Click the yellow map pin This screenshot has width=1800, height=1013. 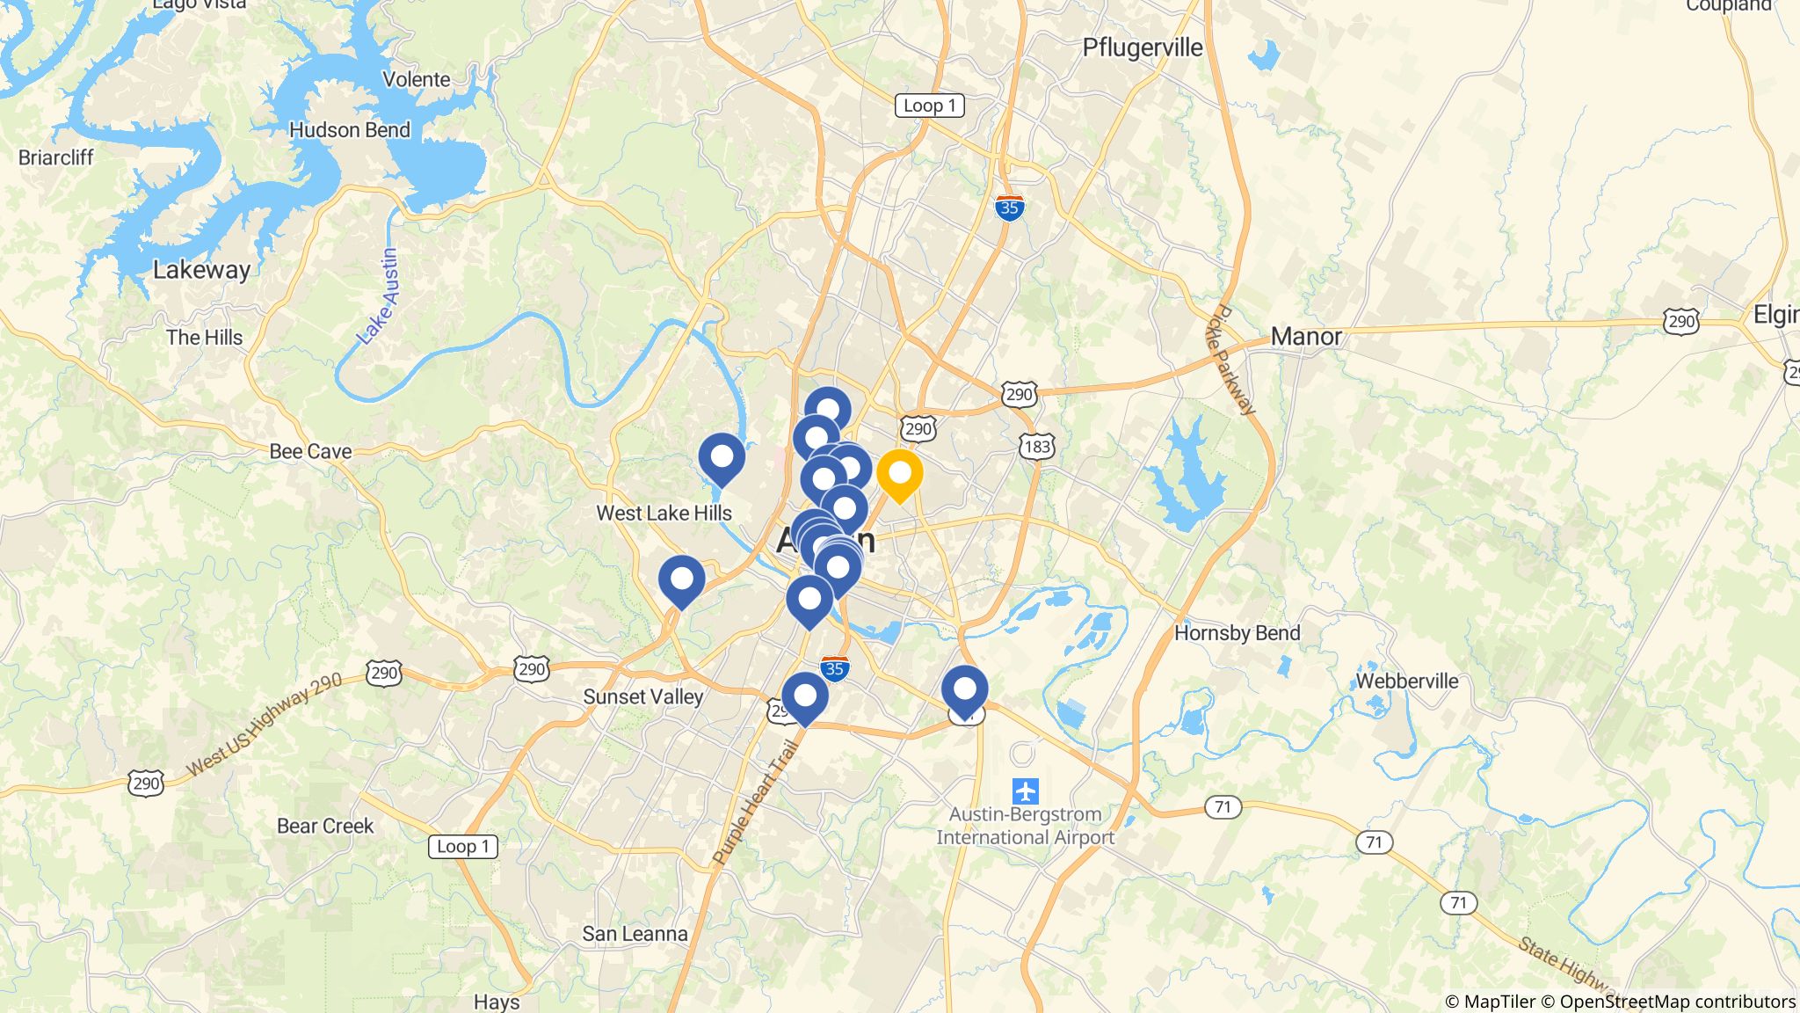(x=899, y=474)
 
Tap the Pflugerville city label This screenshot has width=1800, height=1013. (x=1142, y=47)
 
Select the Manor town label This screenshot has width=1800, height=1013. (x=1306, y=337)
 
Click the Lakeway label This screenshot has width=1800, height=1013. (x=201, y=270)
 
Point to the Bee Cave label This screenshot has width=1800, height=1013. (x=310, y=451)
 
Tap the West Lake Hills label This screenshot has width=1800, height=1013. (x=664, y=514)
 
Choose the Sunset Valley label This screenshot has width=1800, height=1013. (x=642, y=697)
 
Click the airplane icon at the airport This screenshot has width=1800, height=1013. (x=1025, y=791)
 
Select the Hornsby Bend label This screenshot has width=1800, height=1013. (x=1237, y=633)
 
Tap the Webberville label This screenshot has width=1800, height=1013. (x=1406, y=681)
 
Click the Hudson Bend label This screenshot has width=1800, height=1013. (x=349, y=130)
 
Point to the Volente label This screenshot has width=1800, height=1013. (x=416, y=79)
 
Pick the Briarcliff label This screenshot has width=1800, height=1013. (x=55, y=157)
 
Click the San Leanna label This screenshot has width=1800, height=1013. (x=635, y=934)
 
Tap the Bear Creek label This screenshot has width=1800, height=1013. (x=325, y=827)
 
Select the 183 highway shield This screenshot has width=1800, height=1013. (x=1037, y=447)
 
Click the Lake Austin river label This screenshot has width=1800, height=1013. (x=380, y=295)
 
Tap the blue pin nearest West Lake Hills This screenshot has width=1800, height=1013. (x=722, y=458)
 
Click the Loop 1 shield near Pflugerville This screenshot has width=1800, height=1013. (x=929, y=106)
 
